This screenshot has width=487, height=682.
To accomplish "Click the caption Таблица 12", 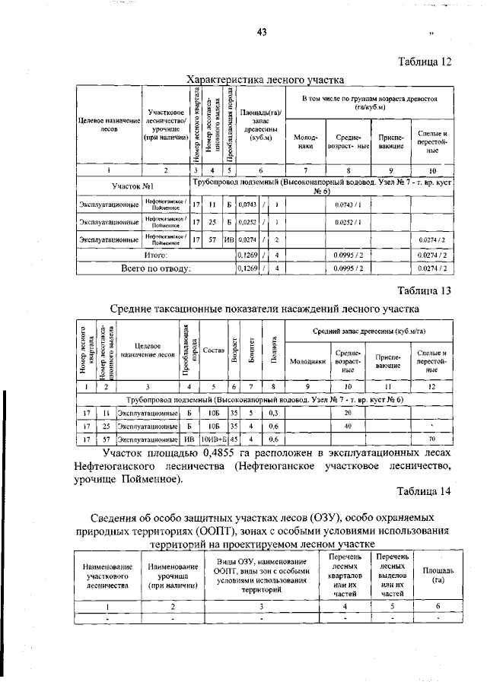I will click(x=423, y=63).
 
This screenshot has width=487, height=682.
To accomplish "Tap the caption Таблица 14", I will click(x=423, y=491).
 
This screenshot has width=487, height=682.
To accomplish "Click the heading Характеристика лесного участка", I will click(x=266, y=79).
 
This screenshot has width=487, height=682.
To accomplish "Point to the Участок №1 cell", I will click(x=133, y=186).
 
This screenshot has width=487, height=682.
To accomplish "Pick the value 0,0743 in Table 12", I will click(x=247, y=205).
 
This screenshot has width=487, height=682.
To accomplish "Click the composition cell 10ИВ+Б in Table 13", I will click(x=214, y=439).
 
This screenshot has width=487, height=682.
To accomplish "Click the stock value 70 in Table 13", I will click(x=431, y=439).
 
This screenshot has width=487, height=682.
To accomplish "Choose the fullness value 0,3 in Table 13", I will click(x=272, y=412).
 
